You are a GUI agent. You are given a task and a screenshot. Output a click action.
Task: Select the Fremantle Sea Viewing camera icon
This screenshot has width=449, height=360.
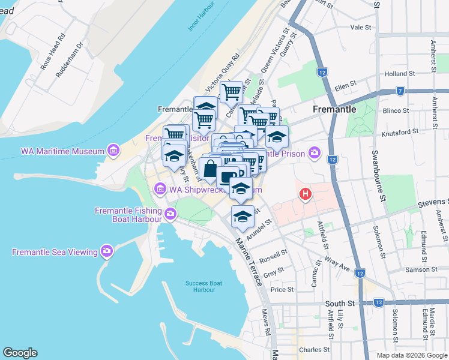(107, 251)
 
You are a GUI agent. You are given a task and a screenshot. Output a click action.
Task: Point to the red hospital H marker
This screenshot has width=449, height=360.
(306, 194)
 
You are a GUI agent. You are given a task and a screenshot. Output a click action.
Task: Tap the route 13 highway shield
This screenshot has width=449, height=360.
(378, 302)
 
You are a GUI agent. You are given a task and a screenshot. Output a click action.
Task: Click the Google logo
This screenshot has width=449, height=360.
(20, 353)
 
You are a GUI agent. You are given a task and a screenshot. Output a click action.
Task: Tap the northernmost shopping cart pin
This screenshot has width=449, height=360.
(231, 92)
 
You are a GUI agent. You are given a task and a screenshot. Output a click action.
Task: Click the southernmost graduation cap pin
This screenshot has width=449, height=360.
(243, 217)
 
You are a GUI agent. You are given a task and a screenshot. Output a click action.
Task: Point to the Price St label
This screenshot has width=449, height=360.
(282, 289)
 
